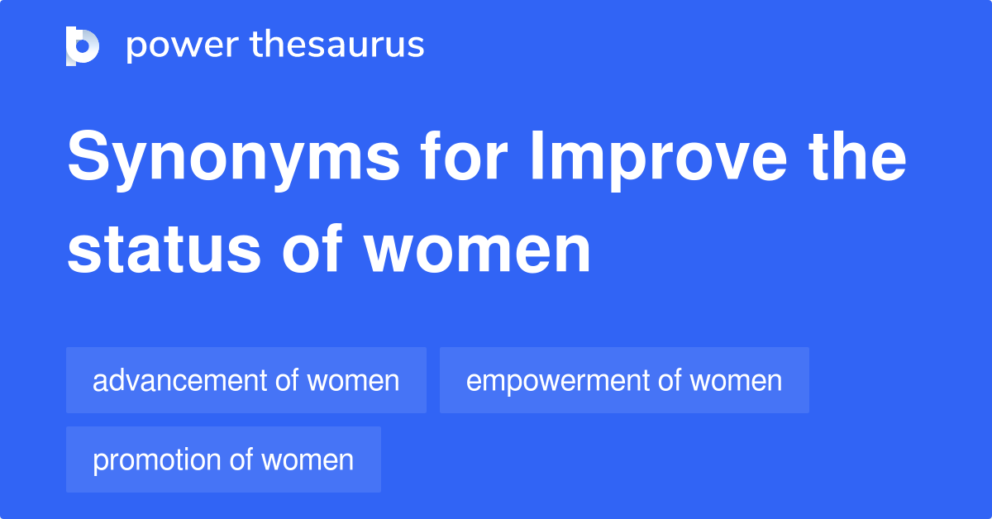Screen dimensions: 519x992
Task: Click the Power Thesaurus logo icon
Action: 83,45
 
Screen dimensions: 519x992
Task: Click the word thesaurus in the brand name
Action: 337,45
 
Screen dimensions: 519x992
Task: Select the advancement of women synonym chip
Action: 246,381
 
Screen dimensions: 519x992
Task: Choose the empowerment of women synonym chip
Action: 624,381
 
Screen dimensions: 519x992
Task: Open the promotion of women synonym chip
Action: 223,459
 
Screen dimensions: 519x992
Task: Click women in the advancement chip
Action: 353,381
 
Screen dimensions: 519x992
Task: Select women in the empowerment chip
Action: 736,381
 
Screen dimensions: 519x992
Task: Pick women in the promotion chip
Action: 308,460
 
